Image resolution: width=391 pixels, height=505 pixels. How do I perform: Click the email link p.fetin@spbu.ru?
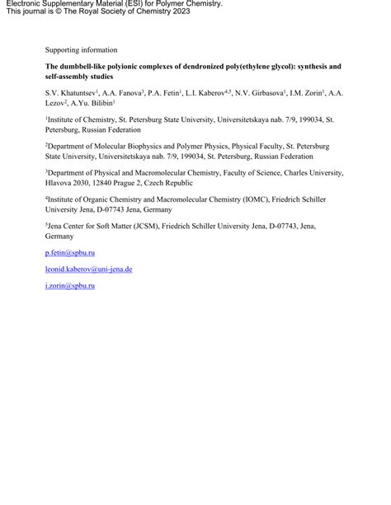click(x=70, y=253)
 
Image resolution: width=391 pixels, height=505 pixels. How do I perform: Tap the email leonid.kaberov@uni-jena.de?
click(x=89, y=269)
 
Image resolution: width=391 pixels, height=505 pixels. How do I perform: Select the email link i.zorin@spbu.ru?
click(x=70, y=285)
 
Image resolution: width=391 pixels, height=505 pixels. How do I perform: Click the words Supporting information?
click(x=81, y=50)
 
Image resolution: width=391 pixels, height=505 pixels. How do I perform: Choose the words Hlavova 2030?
click(x=70, y=183)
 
